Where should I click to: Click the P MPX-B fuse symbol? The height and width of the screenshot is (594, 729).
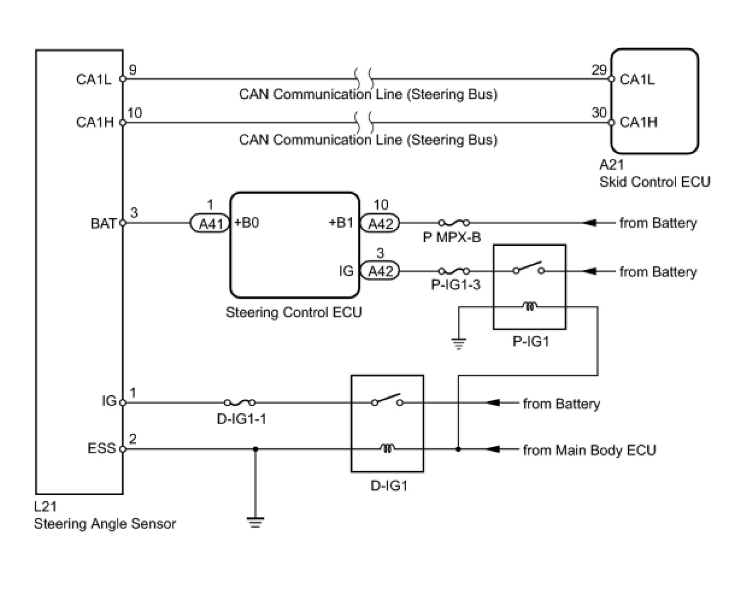click(454, 223)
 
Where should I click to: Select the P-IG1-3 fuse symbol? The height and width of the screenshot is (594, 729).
click(454, 271)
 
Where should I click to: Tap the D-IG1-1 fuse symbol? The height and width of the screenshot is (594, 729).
click(240, 402)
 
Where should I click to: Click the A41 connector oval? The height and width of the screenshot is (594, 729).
click(210, 224)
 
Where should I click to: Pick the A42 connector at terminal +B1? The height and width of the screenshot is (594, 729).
click(380, 224)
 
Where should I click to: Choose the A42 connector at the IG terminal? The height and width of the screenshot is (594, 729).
click(380, 271)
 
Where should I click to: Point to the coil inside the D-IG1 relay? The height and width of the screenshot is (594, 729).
click(387, 448)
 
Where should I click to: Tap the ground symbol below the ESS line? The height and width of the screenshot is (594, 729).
click(255, 522)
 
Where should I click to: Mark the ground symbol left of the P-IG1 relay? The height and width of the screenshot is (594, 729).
click(458, 343)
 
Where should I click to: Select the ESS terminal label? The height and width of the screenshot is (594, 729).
click(102, 448)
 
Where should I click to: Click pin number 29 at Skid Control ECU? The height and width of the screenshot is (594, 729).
click(599, 70)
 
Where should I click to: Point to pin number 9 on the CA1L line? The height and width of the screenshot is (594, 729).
click(133, 70)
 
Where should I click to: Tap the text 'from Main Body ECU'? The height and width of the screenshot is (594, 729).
click(589, 450)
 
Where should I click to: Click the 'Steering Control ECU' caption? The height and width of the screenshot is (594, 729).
click(293, 313)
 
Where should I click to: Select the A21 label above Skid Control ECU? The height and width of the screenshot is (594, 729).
click(612, 165)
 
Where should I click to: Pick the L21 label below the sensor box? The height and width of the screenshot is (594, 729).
click(45, 507)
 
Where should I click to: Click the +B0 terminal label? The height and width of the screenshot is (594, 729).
click(246, 223)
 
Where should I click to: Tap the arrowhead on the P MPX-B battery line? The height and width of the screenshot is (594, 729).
click(589, 223)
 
